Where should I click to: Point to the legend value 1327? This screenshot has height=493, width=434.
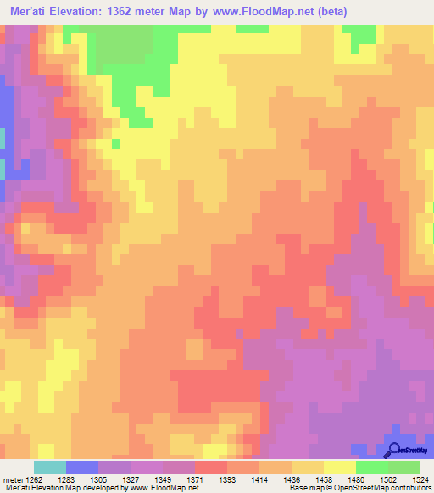point(130,479)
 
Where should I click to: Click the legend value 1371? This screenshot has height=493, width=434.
point(194,479)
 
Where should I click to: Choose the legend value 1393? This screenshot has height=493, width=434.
point(226,479)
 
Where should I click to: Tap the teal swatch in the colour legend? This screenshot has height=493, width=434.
point(49,467)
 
